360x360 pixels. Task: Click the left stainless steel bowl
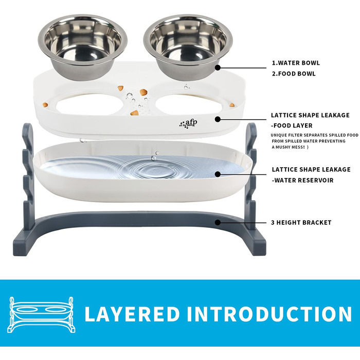(83, 47)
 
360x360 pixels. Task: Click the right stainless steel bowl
(188, 47)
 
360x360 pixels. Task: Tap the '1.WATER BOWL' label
(296, 63)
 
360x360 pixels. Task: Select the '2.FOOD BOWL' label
(294, 74)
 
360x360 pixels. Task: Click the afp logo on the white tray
(188, 124)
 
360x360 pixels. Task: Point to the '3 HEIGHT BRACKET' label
(301, 223)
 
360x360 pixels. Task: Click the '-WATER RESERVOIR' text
(302, 180)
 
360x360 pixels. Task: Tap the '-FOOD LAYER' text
(292, 125)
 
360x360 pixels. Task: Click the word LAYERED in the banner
(132, 313)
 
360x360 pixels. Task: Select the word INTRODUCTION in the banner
(269, 313)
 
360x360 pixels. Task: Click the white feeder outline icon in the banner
(41, 315)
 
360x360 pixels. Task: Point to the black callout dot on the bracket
(218, 223)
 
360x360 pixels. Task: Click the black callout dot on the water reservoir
(218, 174)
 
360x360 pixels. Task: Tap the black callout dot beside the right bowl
(218, 68)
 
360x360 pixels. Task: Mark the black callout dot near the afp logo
(218, 119)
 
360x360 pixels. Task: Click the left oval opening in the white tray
(90, 105)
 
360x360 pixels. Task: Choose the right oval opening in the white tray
(191, 105)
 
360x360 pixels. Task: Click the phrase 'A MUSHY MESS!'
(288, 147)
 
